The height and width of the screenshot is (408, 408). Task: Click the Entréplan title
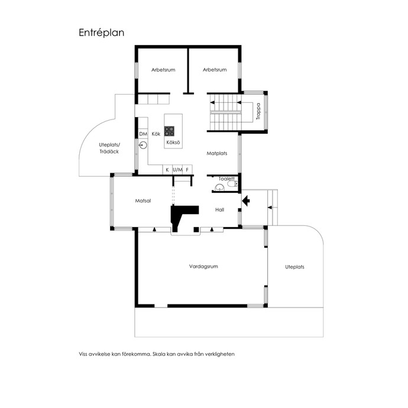[102, 33]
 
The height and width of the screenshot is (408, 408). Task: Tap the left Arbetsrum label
[163, 70]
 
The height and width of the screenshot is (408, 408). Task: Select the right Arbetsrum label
[215, 70]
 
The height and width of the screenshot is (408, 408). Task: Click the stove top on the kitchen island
[169, 131]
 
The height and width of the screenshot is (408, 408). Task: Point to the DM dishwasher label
[143, 134]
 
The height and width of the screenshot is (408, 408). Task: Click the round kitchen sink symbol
[143, 145]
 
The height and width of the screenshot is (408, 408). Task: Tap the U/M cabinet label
[177, 170]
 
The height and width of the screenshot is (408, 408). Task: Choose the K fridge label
[167, 170]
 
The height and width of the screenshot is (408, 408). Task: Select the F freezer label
[187, 170]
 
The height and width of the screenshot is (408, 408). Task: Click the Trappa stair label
[258, 111]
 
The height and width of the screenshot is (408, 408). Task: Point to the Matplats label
[217, 154]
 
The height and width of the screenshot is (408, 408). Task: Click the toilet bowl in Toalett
[232, 184]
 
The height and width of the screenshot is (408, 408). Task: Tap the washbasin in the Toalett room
[219, 187]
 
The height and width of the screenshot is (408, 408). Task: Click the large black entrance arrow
[246, 201]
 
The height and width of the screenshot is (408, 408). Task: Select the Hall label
[219, 210]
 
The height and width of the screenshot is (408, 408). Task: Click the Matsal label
[143, 201]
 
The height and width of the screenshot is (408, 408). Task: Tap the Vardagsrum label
[203, 267]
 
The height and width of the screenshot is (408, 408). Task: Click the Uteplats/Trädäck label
[109, 148]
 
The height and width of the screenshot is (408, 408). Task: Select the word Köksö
[173, 143]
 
